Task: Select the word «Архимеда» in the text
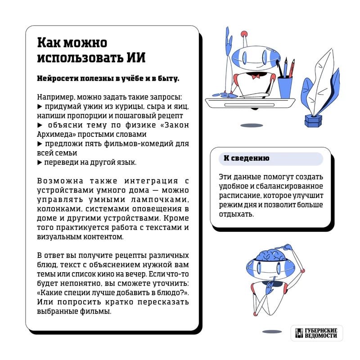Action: click(53, 135)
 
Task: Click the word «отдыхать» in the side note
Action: click(236, 215)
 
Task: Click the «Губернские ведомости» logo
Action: click(316, 333)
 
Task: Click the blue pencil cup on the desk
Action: click(285, 87)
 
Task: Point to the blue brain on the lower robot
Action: click(269, 253)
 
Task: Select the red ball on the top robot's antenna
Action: click(244, 34)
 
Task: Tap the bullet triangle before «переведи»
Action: click(39, 162)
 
